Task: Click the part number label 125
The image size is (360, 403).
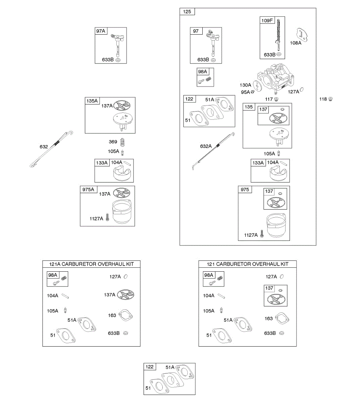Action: tap(187, 12)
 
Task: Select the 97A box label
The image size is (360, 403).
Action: tap(101, 31)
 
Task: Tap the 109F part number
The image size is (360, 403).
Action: tap(267, 20)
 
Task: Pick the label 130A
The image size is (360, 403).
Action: tap(245, 85)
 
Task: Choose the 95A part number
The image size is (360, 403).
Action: tap(245, 92)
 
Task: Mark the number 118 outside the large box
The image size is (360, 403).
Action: tap(323, 99)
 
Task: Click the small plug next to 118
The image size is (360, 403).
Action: tap(330, 99)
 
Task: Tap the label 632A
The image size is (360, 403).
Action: tap(206, 146)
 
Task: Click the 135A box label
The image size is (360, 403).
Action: tap(92, 101)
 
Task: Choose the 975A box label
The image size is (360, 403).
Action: tap(88, 190)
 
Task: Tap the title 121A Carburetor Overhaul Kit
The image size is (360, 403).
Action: tap(91, 264)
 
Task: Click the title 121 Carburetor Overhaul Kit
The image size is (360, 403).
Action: tap(248, 264)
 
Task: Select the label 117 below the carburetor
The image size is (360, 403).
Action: tap(269, 99)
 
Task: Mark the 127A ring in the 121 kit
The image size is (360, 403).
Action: tap(281, 277)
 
